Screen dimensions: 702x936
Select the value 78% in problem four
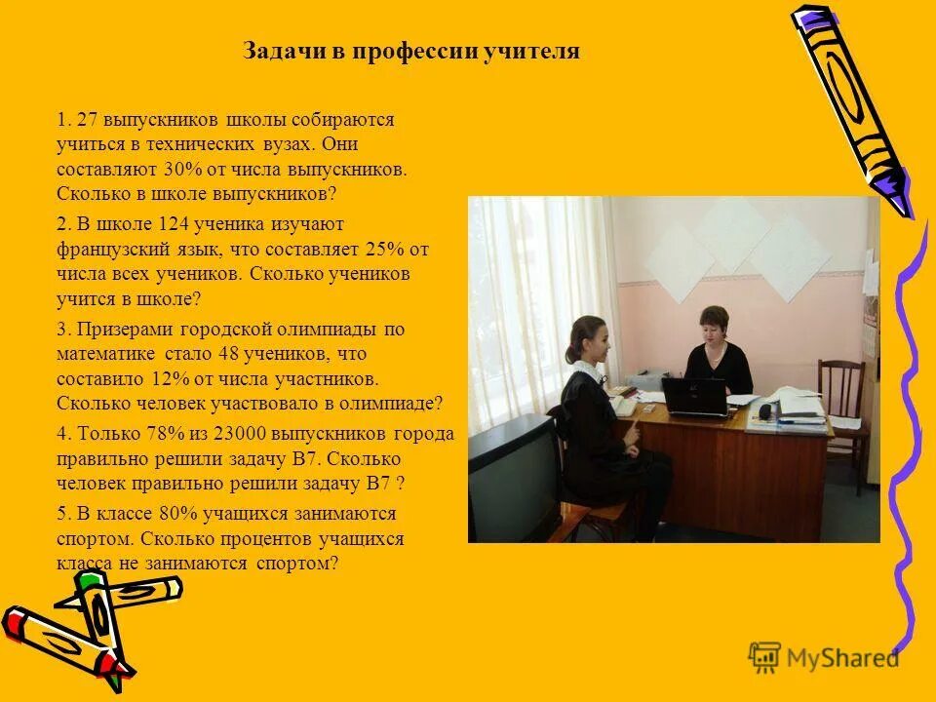(x=161, y=434)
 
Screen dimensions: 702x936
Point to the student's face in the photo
(x=598, y=340)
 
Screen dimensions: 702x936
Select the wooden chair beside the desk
(x=840, y=400)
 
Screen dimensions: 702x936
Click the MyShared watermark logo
(x=824, y=657)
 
